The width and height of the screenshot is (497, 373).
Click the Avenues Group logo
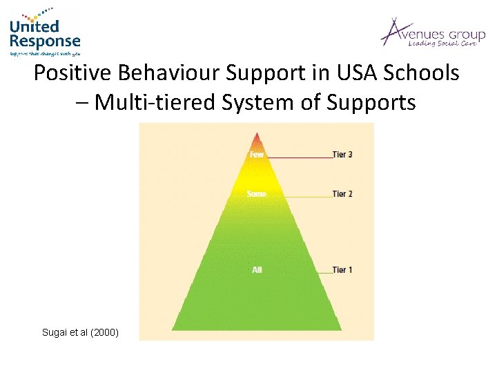point(432,33)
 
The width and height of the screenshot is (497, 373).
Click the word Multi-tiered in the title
point(151,102)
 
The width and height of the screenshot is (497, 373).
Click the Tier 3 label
point(342,155)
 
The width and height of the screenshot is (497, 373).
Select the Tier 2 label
point(342,194)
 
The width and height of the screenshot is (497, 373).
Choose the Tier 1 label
point(342,269)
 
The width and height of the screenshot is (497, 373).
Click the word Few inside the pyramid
point(257,155)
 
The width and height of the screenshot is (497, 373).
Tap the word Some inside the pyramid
point(257,194)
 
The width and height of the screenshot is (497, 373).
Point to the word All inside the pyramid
point(257,269)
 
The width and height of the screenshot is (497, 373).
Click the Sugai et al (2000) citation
point(80,333)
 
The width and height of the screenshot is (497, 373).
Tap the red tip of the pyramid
point(257,138)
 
